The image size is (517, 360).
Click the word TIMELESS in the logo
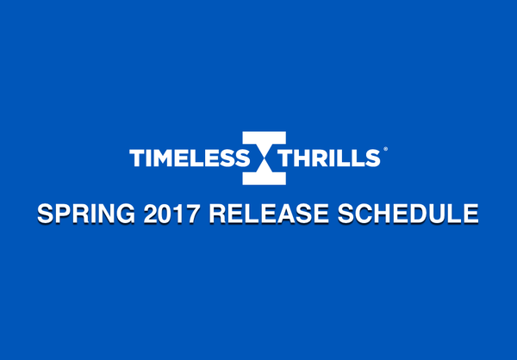[189, 158]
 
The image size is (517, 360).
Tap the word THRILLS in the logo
[327, 158]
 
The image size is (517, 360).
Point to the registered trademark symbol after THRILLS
[384, 151]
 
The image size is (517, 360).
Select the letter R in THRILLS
[315, 158]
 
